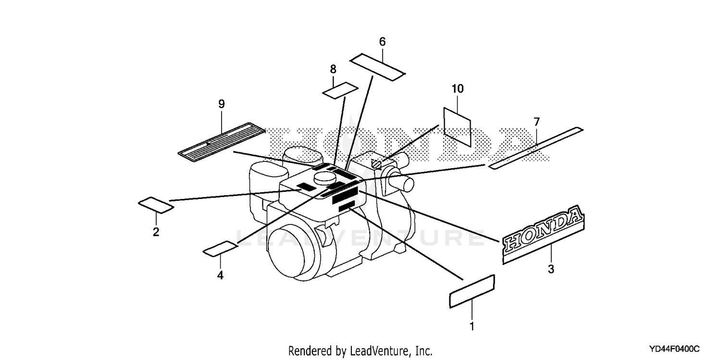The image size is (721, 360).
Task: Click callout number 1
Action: [472, 326]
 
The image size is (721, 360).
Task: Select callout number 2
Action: [156, 232]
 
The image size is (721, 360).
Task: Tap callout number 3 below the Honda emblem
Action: [551, 269]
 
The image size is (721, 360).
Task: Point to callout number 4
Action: [220, 275]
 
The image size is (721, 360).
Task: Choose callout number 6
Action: [383, 41]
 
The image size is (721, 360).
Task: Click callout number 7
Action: [536, 122]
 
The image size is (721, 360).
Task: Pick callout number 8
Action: [333, 69]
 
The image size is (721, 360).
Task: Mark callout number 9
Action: [222, 104]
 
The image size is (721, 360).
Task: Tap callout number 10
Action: [458, 89]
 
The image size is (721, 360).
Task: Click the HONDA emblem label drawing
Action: [543, 234]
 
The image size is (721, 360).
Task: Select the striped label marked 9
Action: [222, 142]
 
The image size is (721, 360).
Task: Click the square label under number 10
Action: [457, 127]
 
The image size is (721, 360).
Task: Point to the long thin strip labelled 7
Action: [535, 148]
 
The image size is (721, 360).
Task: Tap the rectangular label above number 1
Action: [472, 291]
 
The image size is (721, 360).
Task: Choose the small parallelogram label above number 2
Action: [156, 205]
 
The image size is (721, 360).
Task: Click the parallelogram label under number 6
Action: [377, 67]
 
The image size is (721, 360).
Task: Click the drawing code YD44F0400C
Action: [674, 349]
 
